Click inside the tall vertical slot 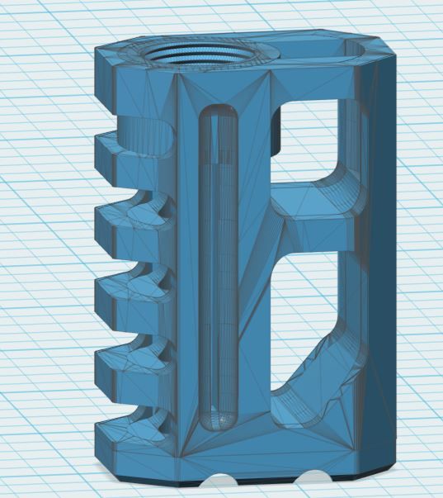(x=219, y=264)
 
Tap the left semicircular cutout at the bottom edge (x=217, y=481)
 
